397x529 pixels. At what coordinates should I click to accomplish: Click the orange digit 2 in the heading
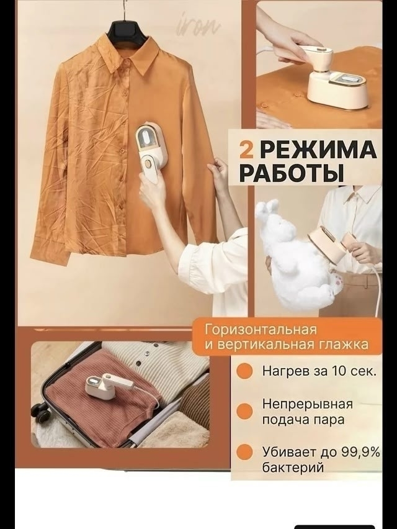tap(246, 149)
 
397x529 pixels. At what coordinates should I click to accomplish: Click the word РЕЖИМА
tap(318, 149)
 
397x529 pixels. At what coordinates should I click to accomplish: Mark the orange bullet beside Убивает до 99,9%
tap(244, 451)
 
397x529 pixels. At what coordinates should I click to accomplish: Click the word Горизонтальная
tap(261, 330)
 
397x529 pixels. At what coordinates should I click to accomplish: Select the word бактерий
tap(293, 468)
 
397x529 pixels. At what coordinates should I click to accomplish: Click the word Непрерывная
tap(307, 404)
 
